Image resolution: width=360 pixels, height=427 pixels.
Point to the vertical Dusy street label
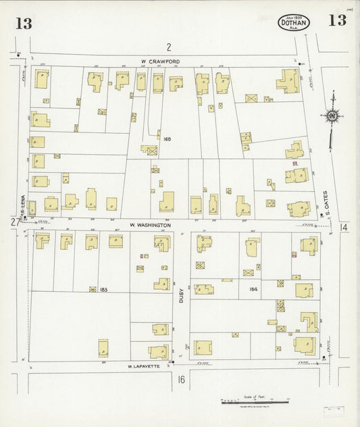182,295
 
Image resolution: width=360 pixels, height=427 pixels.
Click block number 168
167,139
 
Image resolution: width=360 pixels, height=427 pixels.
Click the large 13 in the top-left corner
24,24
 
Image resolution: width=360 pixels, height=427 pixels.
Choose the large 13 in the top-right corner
337,20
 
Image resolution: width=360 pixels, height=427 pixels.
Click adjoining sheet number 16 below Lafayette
181,380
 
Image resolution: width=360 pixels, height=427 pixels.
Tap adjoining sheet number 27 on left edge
15,222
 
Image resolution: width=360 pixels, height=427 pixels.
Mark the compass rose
332,117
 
